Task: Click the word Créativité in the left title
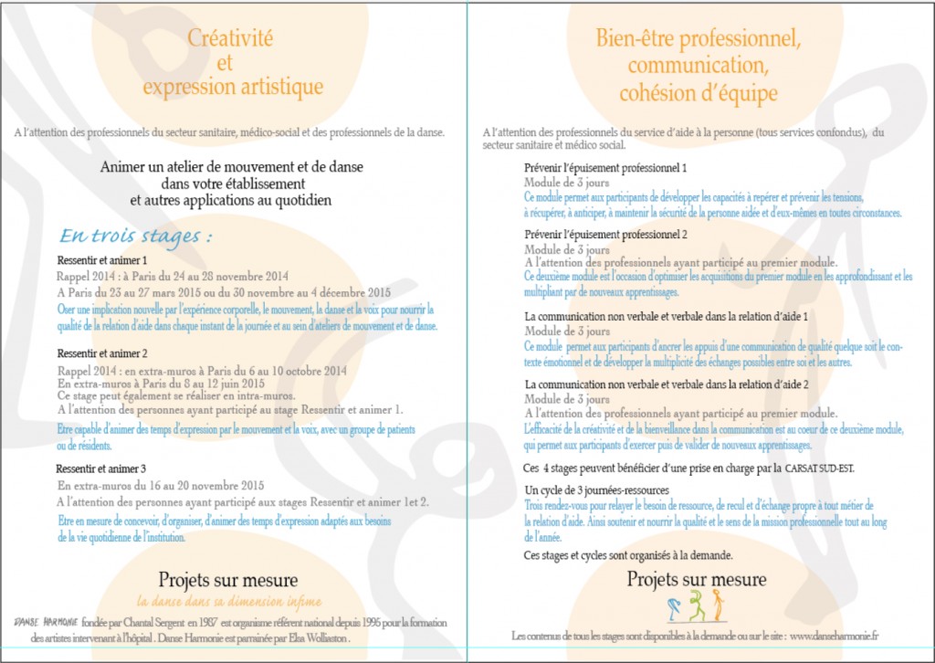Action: point(230,38)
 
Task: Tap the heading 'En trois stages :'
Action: point(136,236)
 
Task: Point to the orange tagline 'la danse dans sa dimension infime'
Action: point(228,601)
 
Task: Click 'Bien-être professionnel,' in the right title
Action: point(698,39)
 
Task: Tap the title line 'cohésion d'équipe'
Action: point(698,93)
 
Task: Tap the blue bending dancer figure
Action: point(675,606)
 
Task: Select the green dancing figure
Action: point(699,605)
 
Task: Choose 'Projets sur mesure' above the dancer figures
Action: point(697,579)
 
